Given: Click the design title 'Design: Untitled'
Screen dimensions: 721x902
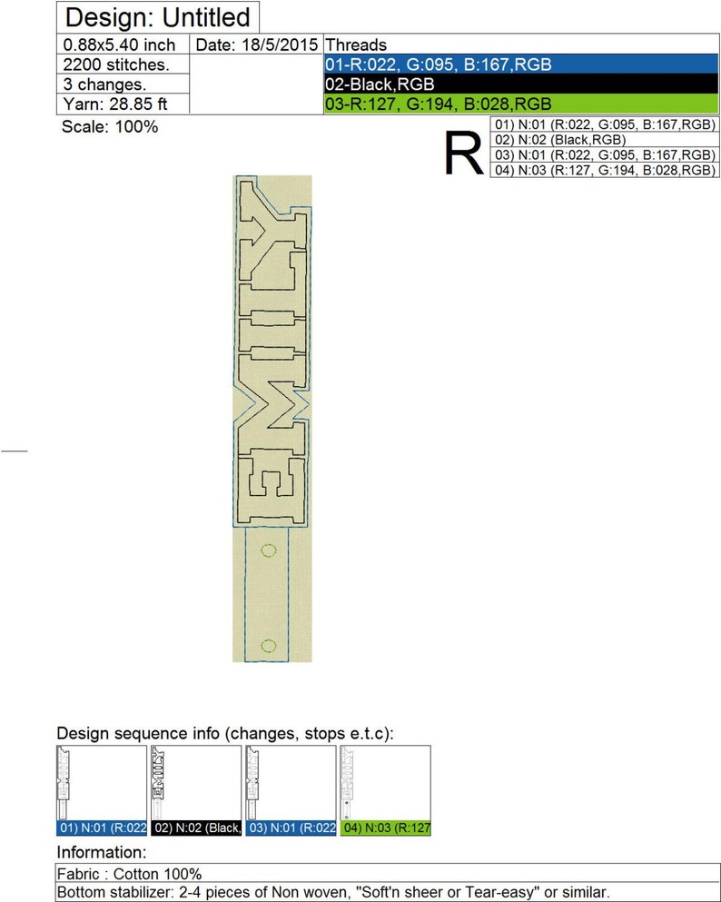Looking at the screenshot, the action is [x=157, y=18].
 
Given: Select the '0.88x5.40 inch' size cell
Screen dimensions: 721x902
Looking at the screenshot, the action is [x=119, y=45].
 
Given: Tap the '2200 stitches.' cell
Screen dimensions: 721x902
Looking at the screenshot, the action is [x=116, y=64].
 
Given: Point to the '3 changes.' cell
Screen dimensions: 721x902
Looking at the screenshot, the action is [x=104, y=84].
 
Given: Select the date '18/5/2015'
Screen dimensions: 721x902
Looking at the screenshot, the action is [x=280, y=45].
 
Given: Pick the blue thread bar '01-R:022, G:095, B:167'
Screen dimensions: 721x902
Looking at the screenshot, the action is [x=521, y=64].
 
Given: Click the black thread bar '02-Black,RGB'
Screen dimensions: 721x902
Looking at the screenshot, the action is [x=521, y=84].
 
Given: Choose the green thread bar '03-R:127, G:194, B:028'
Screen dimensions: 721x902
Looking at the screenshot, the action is [x=521, y=104].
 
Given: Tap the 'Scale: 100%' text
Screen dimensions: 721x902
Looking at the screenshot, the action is [x=110, y=126].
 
